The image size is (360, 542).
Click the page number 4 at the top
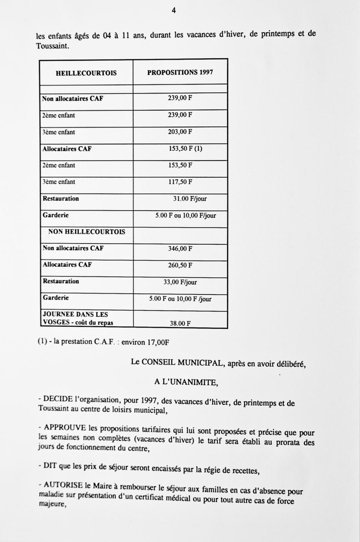tap(174, 11)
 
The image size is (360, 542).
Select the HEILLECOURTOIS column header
tap(86, 73)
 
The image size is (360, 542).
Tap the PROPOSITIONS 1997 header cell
tap(180, 72)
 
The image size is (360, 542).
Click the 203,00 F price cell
tap(180, 132)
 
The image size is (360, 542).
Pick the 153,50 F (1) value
tap(185, 149)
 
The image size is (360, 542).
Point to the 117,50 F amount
tap(180, 182)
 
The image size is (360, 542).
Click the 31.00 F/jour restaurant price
tap(190, 199)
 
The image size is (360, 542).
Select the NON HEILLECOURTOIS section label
tap(87, 232)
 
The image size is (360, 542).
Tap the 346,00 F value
tap(180, 249)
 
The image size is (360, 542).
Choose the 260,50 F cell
tap(180, 265)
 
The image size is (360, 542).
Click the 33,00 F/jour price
tap(180, 282)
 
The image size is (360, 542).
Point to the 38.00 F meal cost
tap(180, 323)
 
